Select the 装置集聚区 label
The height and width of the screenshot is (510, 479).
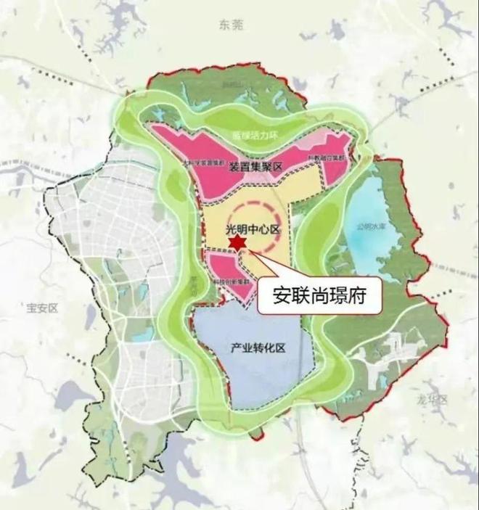point(255,166)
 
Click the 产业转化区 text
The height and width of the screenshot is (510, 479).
point(258,347)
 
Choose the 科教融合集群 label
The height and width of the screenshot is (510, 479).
point(329,155)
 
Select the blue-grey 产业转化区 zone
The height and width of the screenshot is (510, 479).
point(254,377)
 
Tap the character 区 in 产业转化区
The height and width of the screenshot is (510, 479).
point(281,347)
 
